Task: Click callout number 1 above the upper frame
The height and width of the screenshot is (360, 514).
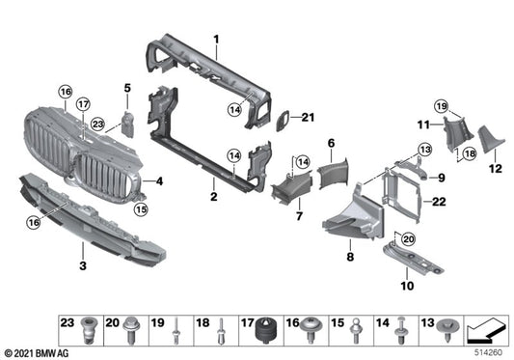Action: pos(217,40)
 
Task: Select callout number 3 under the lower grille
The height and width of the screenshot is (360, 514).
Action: pos(83,264)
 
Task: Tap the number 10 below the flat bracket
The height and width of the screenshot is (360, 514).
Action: pos(404,287)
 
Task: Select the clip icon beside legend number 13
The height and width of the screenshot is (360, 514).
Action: pos(446,332)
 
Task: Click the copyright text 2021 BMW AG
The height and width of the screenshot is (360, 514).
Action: pos(36,353)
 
